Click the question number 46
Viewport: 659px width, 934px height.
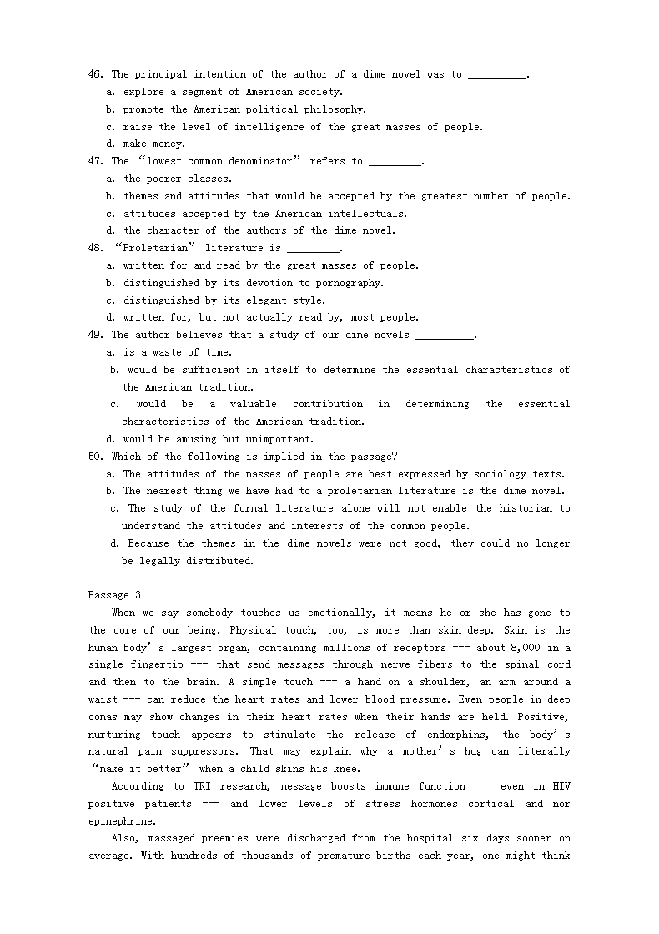[x=94, y=75]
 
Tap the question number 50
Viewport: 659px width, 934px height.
[x=94, y=457]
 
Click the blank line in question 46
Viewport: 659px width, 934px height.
[x=496, y=75]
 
